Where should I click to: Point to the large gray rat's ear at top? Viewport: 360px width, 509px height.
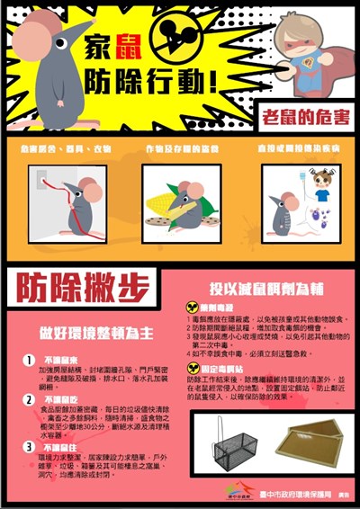pos(48,33)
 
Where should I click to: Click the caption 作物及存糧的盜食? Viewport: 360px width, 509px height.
pos(182,148)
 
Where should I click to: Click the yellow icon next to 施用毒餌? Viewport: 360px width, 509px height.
pos(192,307)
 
